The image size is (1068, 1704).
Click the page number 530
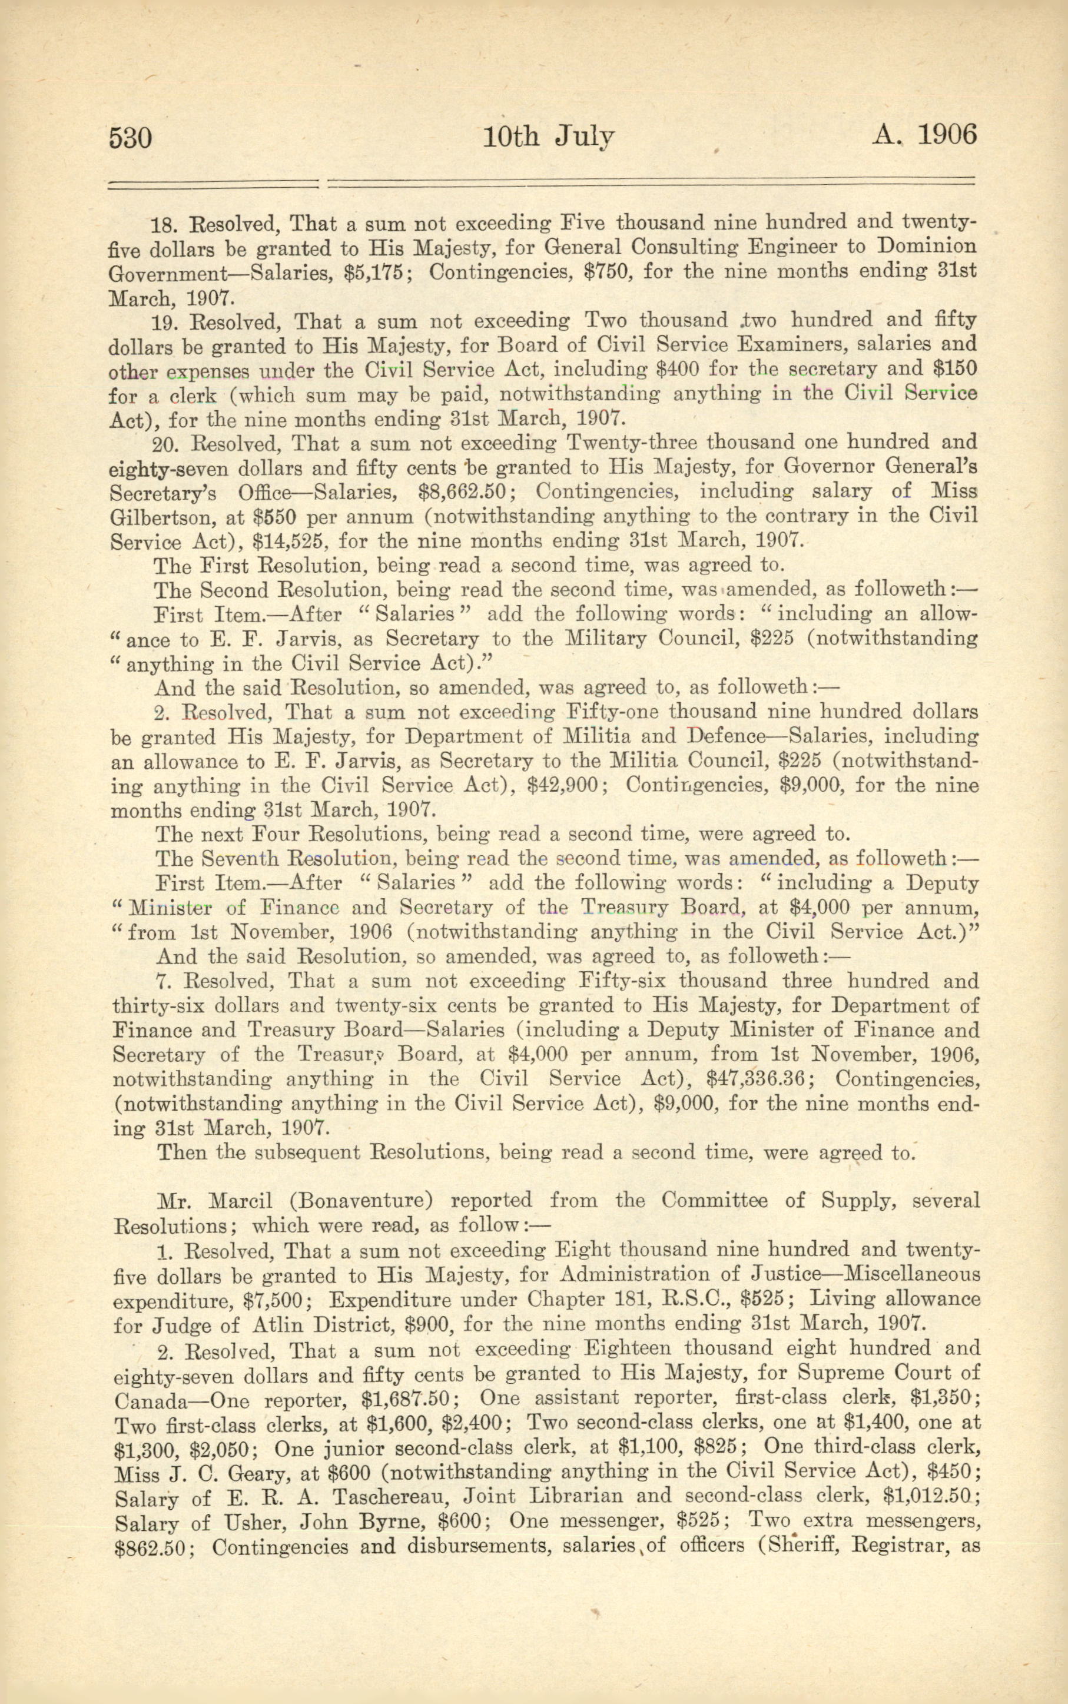(x=130, y=137)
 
